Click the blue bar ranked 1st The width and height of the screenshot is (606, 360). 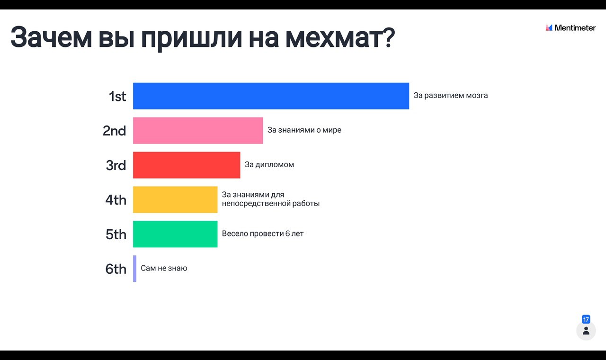click(271, 96)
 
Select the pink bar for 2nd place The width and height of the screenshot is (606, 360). click(198, 130)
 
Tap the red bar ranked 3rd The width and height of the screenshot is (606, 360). click(187, 165)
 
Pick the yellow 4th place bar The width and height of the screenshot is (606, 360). click(175, 199)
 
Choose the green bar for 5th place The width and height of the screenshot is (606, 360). click(175, 234)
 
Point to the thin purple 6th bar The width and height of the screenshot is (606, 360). click(135, 269)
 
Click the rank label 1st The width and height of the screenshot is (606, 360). click(117, 96)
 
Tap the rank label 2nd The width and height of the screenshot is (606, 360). click(115, 131)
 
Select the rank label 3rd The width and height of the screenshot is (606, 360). click(116, 165)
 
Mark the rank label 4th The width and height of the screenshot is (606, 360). click(116, 200)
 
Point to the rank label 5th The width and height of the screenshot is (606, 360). click(116, 234)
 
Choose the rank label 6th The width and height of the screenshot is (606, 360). click(116, 269)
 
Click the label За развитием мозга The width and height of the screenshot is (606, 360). click(451, 96)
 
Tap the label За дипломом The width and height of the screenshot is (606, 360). click(269, 164)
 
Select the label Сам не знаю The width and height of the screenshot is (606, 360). click(164, 268)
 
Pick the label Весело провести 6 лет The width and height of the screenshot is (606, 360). click(263, 234)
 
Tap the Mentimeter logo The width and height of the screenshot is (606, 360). click(570, 27)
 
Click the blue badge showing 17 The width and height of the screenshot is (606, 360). click(586, 319)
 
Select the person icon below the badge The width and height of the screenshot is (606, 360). click(586, 331)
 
